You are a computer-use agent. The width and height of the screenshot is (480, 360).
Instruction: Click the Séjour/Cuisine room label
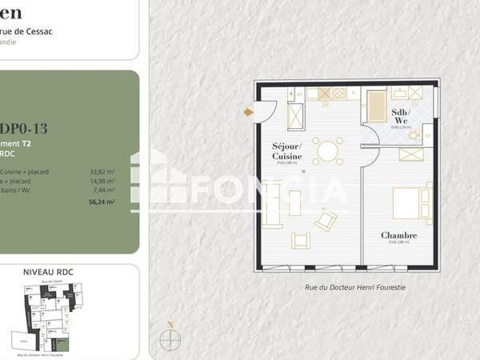[286, 151]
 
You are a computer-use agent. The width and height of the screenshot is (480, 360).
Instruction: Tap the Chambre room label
[398, 235]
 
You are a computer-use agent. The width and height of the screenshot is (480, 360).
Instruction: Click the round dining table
[327, 150]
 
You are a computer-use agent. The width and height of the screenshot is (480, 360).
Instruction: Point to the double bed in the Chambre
[413, 202]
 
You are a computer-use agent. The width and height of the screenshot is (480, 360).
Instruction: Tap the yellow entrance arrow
[249, 112]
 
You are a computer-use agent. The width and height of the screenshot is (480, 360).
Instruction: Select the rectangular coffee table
[294, 203]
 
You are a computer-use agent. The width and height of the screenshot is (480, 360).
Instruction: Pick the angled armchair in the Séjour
[326, 219]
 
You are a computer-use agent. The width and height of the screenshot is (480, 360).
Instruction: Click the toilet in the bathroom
[414, 136]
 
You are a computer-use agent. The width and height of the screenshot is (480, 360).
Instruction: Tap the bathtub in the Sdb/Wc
[376, 106]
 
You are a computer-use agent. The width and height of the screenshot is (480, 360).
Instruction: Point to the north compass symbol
[170, 338]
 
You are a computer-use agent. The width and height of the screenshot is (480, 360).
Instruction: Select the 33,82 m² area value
[102, 171]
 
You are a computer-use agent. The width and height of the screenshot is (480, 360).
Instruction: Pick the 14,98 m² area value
[102, 181]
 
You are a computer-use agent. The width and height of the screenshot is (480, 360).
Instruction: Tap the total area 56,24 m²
[102, 202]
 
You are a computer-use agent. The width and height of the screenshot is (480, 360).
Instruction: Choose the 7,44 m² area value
[104, 190]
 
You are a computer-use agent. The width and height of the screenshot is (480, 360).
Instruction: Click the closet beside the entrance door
[295, 116]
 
